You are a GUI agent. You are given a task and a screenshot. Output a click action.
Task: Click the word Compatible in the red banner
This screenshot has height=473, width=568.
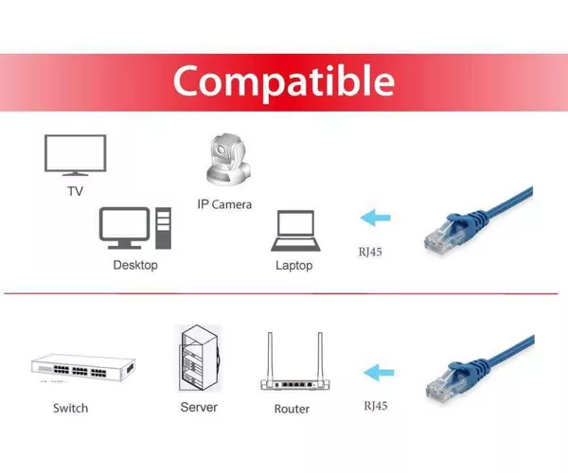coord(284,81)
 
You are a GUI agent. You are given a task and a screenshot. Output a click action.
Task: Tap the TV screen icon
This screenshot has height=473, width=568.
coord(76,155)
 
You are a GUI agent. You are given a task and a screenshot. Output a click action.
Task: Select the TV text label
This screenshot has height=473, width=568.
coord(76,191)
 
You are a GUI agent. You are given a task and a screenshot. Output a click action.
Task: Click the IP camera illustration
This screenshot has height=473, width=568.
coord(228,160)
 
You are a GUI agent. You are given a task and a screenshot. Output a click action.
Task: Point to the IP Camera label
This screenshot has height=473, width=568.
coord(224,204)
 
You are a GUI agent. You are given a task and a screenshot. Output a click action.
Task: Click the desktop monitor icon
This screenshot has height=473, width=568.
coord(124,228)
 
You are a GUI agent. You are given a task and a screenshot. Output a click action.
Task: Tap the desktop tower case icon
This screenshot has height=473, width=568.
coord(164,228)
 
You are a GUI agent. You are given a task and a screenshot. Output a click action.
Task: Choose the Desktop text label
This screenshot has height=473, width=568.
coord(135,265)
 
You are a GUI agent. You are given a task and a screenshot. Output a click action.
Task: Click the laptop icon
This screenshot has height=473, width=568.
coord(295,231)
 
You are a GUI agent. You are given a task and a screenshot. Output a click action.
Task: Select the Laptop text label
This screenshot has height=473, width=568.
coord(294,265)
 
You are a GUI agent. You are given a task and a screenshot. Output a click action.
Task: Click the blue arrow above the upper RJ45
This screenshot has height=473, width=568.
coord(375,218)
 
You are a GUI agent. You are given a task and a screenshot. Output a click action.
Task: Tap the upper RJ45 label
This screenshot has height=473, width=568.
coord(370,252)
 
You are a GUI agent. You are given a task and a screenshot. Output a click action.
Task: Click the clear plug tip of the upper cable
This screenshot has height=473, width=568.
coord(439,239)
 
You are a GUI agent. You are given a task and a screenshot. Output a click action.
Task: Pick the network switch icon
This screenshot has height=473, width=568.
coord(83,368)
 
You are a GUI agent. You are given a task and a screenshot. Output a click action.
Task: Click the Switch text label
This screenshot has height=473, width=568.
coord(71,409)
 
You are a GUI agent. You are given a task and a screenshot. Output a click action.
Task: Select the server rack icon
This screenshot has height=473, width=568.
coord(200,358)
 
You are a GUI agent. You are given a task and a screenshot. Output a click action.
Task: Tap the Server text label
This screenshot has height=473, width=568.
coord(199,407)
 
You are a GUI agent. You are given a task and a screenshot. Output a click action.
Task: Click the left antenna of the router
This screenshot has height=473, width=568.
coord(270,356)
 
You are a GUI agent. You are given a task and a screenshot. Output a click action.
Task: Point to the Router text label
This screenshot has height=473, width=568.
coord(292,409)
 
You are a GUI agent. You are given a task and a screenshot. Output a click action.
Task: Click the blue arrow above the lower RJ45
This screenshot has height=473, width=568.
coord(379,373)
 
